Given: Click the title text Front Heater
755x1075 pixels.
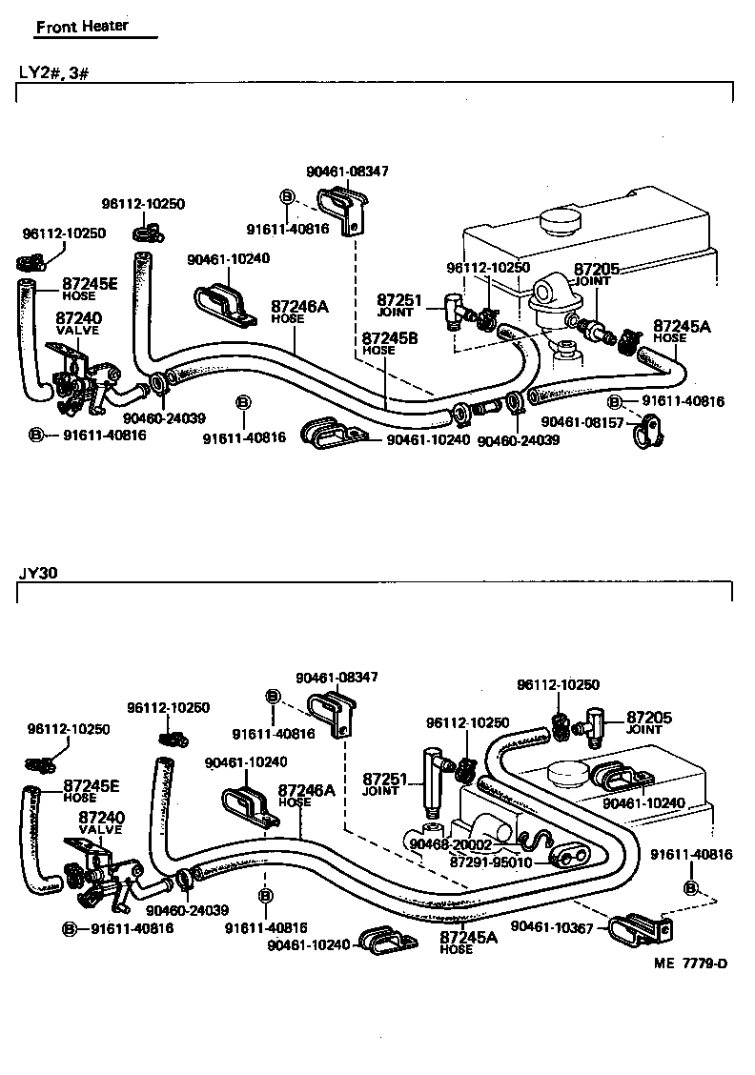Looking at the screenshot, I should click(82, 27).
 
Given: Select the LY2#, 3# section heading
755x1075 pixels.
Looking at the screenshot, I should click(53, 71).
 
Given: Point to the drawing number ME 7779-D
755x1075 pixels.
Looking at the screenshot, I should click(690, 963).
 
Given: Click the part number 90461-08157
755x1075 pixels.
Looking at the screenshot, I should click(582, 421).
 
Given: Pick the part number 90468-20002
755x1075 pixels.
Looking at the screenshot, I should click(450, 844).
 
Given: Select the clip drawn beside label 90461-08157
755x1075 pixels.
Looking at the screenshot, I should click(652, 432).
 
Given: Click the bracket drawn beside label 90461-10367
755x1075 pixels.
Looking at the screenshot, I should click(633, 924).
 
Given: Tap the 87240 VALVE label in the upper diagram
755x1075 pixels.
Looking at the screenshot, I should click(78, 323).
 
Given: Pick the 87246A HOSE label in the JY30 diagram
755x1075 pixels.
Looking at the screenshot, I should click(306, 795).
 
